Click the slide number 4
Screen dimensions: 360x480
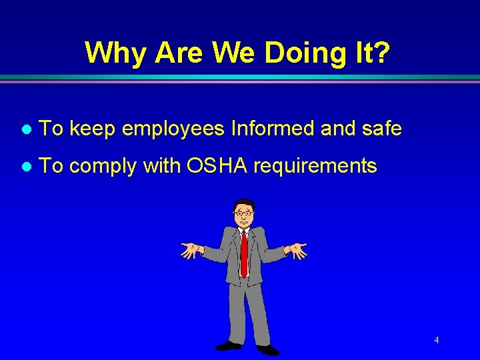436,341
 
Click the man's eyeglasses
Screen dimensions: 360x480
245,213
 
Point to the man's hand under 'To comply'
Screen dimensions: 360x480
190,250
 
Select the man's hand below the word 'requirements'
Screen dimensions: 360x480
297,250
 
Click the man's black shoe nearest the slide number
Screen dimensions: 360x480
268,349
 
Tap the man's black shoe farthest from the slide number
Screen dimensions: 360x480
229,345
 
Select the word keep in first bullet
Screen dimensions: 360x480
93,129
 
